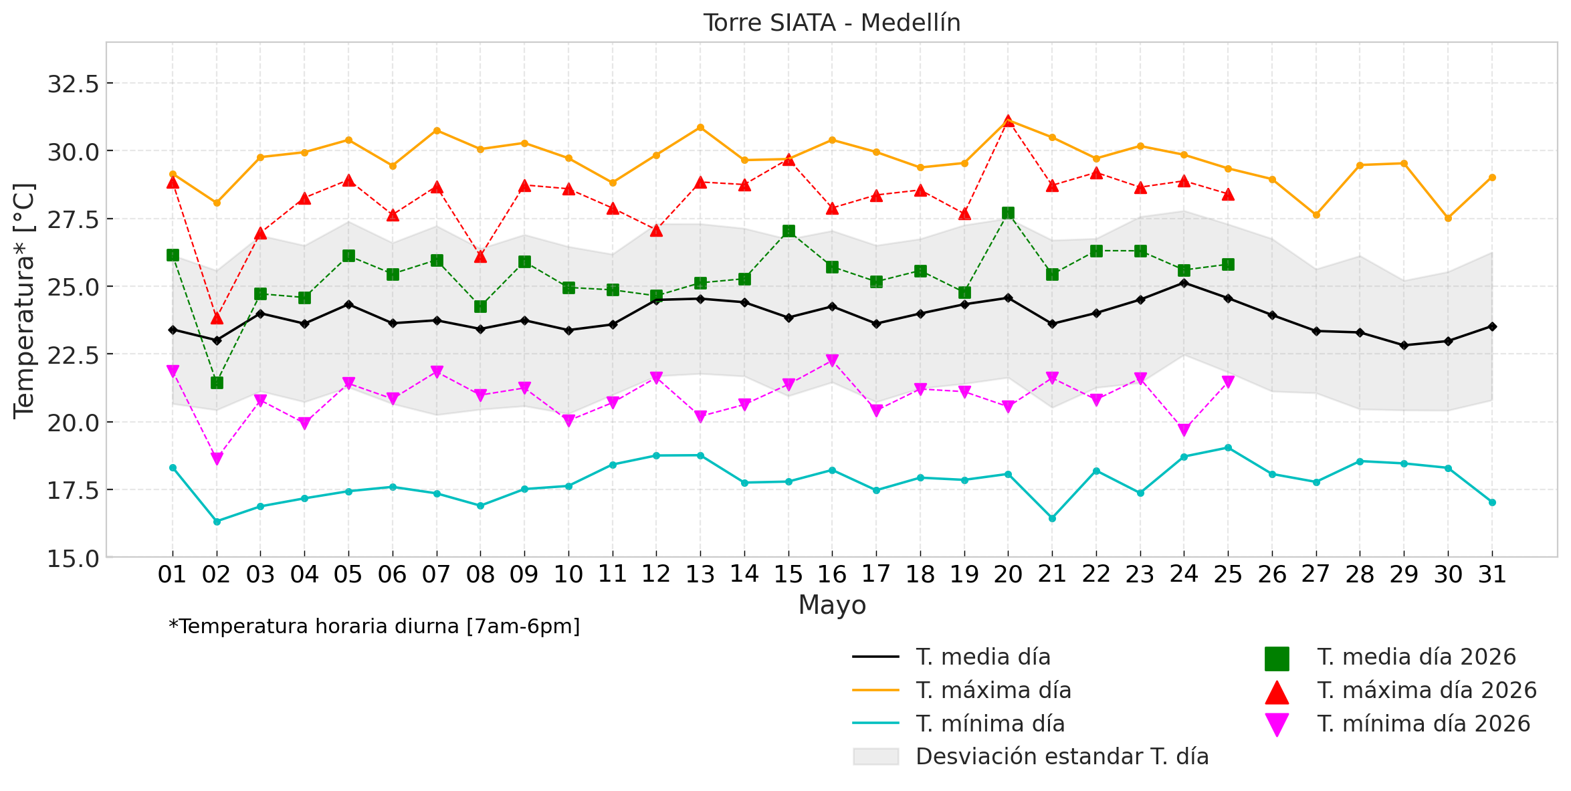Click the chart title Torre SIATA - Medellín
point(831,23)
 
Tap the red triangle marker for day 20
point(1008,121)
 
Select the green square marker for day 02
point(217,382)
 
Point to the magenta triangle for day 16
point(832,360)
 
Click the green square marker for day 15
point(789,231)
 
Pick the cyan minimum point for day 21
point(1052,518)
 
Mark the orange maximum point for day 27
point(1316,215)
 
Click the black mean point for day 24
point(1184,283)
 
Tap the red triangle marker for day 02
point(217,318)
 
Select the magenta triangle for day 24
point(1184,430)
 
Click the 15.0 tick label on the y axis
point(73,558)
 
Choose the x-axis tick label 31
point(1492,574)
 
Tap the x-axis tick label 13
point(700,574)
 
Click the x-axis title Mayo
point(832,605)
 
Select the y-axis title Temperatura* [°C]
point(24,300)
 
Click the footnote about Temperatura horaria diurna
point(375,627)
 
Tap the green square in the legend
point(1277,659)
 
